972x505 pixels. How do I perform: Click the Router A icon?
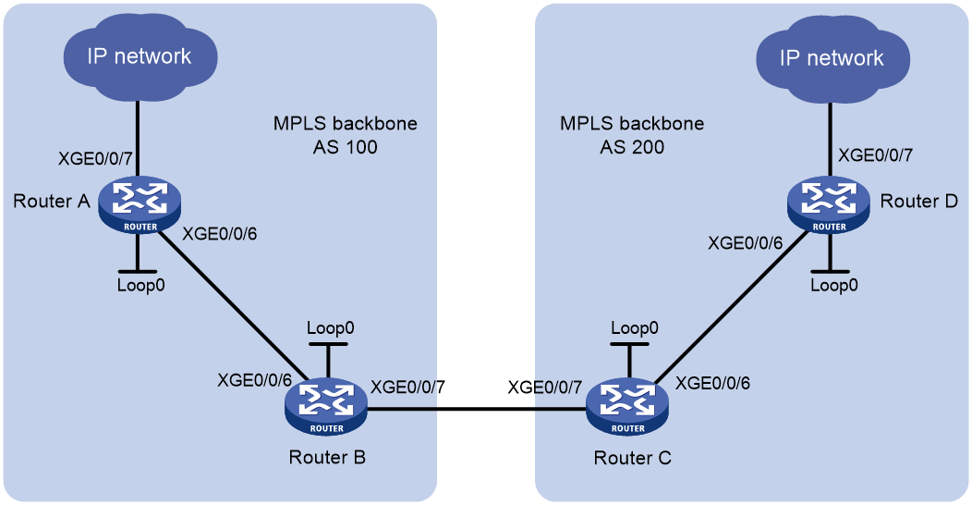(x=140, y=205)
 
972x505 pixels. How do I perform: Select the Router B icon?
(x=326, y=406)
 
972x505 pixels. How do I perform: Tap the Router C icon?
(x=627, y=406)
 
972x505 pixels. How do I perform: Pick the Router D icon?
(x=829, y=205)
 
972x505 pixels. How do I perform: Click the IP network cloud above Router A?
(x=140, y=56)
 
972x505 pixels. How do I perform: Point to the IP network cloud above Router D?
(x=832, y=58)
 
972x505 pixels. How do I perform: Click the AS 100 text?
(x=346, y=147)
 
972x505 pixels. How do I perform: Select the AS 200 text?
(x=632, y=147)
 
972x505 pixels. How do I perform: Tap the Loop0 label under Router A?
(x=140, y=286)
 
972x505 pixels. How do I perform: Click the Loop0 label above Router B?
(x=331, y=328)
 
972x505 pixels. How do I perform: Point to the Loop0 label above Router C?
(x=634, y=328)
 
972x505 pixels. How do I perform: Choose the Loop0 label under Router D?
(x=834, y=286)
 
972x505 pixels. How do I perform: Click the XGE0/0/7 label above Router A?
(x=95, y=159)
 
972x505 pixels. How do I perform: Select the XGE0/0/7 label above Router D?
(x=875, y=155)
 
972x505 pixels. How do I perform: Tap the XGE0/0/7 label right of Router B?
(x=407, y=388)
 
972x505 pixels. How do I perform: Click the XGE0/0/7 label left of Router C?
(x=545, y=388)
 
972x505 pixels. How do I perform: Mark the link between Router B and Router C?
(x=477, y=409)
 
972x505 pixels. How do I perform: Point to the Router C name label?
(x=632, y=458)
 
